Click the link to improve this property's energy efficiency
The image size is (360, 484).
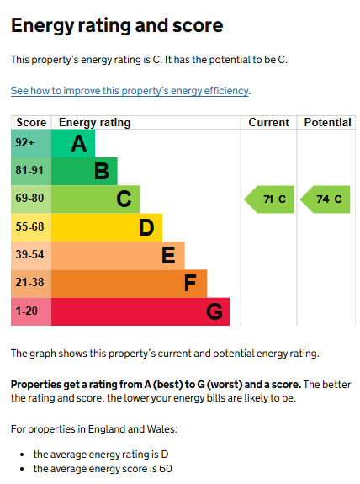tap(130, 91)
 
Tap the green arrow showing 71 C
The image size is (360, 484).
tap(269, 199)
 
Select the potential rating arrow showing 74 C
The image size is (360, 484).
tap(326, 199)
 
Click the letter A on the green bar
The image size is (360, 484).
tap(79, 144)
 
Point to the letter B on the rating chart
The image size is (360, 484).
tap(102, 172)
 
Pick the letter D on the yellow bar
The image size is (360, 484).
tap(146, 228)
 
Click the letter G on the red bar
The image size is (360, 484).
tap(214, 311)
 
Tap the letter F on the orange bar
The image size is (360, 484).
tap(190, 283)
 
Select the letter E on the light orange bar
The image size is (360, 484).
tap(168, 255)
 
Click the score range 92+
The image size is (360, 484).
tap(25, 142)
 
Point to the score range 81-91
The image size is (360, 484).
tap(29, 170)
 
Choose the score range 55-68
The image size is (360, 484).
tap(29, 227)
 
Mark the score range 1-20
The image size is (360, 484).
tap(27, 311)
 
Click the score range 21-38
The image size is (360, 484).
tap(29, 283)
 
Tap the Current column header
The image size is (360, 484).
tap(268, 123)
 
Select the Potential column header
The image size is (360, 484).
tap(327, 123)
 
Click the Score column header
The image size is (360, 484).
tap(31, 123)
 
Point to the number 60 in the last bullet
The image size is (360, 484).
tap(166, 469)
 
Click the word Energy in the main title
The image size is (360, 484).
tap(43, 26)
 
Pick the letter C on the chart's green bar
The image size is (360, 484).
tap(124, 199)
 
